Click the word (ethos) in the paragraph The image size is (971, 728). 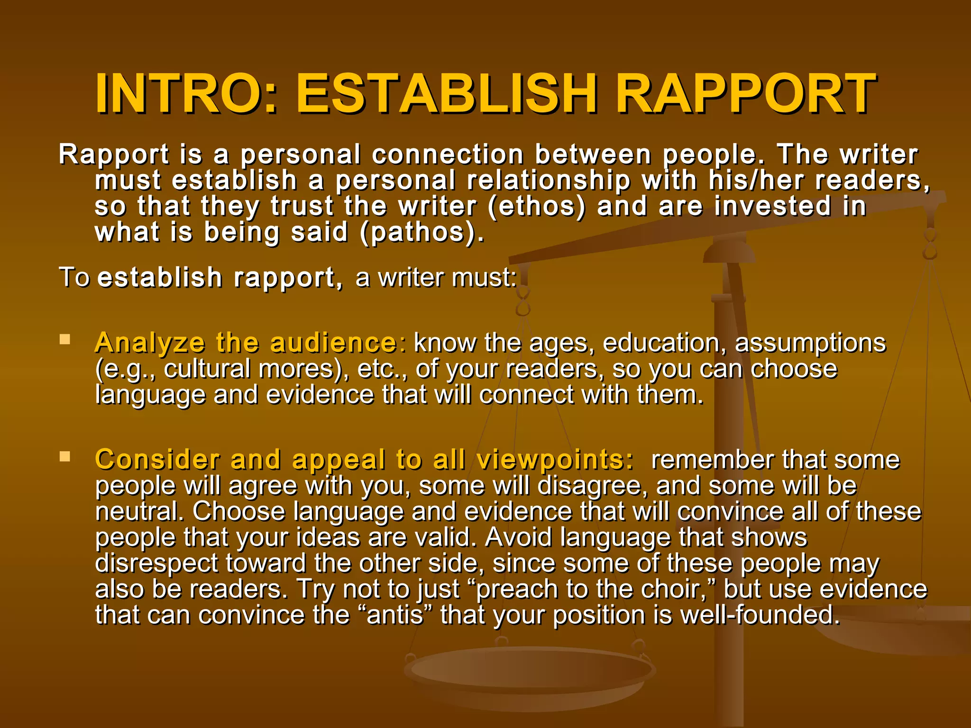tap(536, 207)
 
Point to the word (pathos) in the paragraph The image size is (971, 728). tap(422, 233)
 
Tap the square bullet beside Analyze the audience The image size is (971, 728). tap(65, 339)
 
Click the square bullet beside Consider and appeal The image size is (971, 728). tap(65, 456)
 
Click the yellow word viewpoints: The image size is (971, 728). tap(555, 459)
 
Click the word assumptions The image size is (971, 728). tap(810, 343)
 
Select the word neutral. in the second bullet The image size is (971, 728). tap(140, 511)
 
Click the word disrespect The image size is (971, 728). tap(156, 563)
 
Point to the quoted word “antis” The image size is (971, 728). tap(395, 615)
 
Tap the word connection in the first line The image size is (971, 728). tap(448, 155)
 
